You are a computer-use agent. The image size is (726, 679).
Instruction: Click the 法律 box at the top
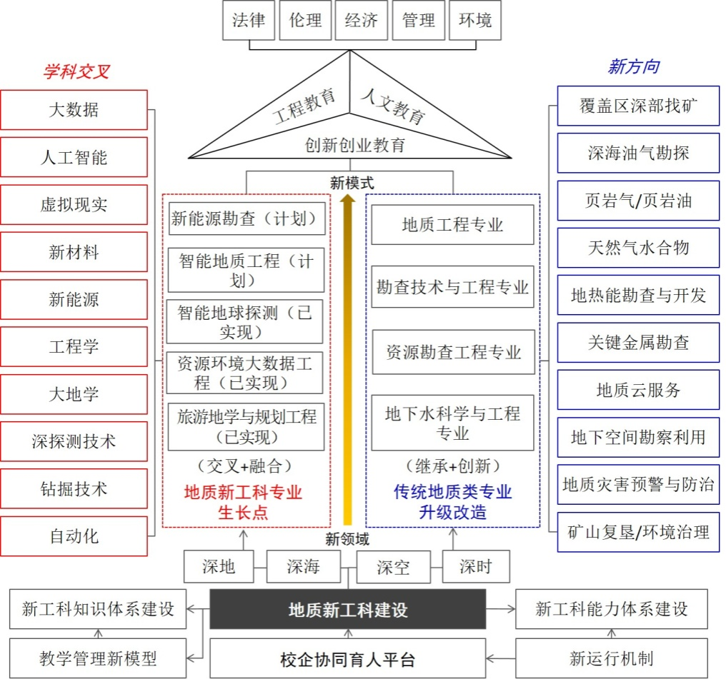coord(249,20)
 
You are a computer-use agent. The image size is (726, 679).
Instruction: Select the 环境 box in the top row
coord(475,20)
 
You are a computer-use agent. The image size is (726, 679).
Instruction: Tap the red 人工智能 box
coord(74,157)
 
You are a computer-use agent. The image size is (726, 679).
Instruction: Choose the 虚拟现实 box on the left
coord(74,205)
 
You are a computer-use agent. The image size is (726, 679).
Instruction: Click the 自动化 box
coord(74,536)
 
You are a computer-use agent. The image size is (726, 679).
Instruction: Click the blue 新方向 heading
coord(633,67)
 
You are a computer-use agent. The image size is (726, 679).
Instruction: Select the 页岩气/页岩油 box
coord(638,201)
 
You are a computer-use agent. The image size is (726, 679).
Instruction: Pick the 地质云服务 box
coord(638,390)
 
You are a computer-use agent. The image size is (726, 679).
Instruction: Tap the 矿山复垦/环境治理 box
coord(638,532)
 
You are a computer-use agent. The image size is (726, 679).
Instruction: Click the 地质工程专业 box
coord(453,225)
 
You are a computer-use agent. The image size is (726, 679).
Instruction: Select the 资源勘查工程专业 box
coord(453,352)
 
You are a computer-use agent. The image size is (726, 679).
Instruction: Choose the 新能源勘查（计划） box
coord(247,218)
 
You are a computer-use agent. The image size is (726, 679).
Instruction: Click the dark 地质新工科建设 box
coord(347,610)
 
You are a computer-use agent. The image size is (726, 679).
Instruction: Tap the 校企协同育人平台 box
coord(347,658)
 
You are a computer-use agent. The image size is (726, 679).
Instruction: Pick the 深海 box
coord(303,567)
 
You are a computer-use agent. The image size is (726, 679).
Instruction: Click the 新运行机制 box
coord(611,658)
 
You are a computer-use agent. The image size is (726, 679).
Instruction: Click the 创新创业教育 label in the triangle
coord(354,146)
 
